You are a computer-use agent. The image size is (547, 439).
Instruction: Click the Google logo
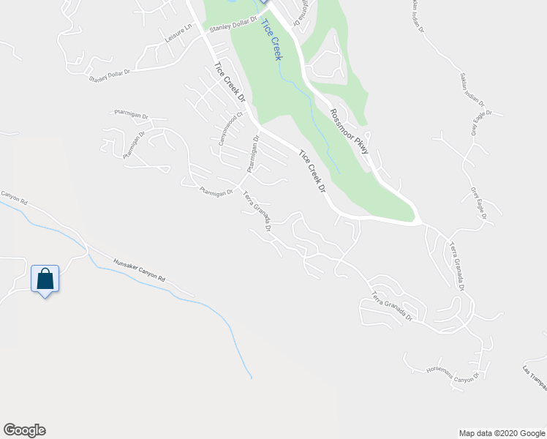24,430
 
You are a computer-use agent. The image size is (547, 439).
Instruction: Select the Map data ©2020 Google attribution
502,433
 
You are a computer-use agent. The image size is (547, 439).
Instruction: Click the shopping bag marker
45,279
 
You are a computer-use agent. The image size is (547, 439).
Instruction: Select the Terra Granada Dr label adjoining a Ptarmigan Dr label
258,211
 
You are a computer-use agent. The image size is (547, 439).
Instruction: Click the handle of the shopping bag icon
45,274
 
